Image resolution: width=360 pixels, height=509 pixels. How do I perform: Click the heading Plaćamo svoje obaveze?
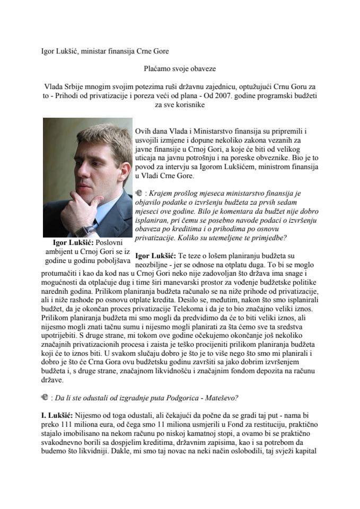pos(180,68)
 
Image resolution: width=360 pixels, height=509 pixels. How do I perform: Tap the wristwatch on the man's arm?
pos(84,230)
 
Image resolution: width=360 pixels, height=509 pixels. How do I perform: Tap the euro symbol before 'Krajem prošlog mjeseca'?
pos(139,194)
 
